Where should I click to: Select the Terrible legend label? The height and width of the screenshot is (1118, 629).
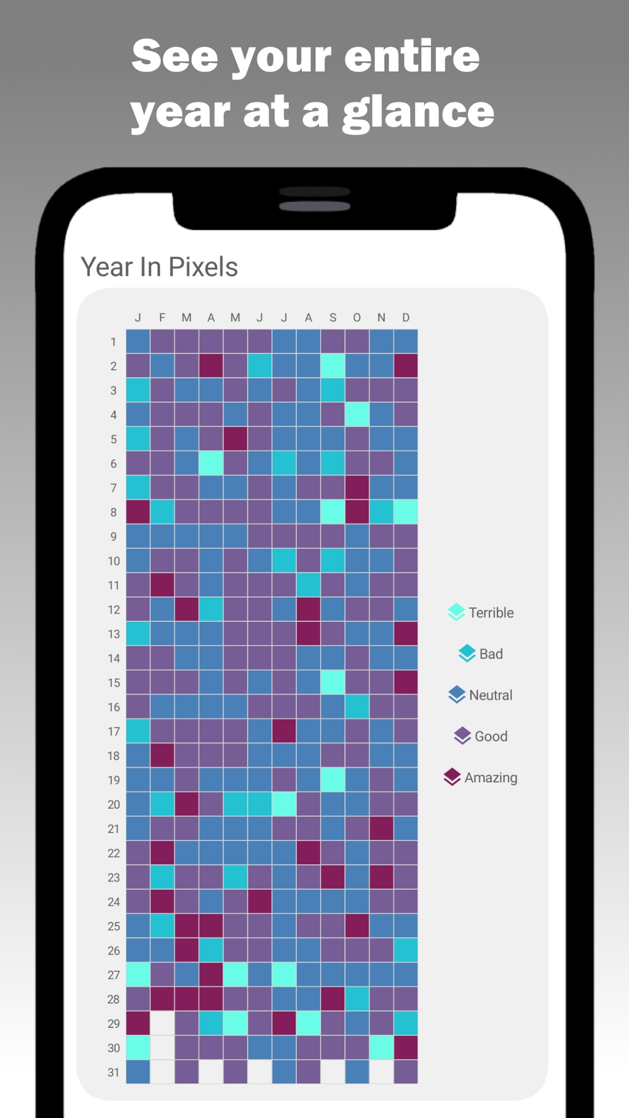(491, 612)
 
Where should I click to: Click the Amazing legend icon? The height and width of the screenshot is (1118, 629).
(452, 777)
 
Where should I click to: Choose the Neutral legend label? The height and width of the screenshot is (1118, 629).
(491, 695)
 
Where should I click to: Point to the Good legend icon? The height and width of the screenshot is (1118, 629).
(462, 736)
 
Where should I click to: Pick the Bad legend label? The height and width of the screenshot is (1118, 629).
(491, 654)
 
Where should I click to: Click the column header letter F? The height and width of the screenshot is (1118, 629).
(162, 318)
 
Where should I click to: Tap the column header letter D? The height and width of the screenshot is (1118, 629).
(406, 318)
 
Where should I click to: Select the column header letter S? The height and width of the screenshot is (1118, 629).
(333, 318)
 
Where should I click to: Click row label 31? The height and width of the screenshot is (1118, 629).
(113, 1072)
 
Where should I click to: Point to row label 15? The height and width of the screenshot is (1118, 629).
(113, 683)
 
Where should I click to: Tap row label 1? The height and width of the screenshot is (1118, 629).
(113, 342)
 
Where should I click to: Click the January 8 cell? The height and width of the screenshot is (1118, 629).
(138, 512)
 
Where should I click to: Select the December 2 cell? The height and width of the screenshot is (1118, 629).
(406, 366)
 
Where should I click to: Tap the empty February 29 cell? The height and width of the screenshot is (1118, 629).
(162, 1023)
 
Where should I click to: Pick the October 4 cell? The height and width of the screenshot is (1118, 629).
(357, 414)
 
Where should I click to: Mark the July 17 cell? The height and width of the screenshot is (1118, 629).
(284, 731)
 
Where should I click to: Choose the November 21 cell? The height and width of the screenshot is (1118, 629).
(381, 828)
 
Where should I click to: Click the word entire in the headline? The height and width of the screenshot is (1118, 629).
(412, 57)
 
